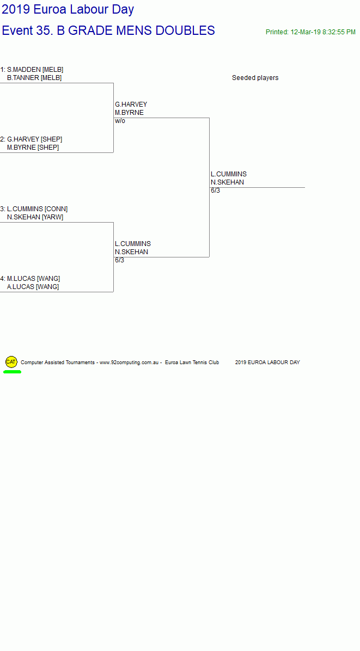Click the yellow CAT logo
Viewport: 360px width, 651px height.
11,361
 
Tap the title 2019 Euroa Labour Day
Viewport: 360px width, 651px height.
68,9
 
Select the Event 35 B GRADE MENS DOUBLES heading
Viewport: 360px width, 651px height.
108,30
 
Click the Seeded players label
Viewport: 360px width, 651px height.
255,78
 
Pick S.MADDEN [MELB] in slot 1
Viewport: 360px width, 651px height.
35,69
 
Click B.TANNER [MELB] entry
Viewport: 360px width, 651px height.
34,78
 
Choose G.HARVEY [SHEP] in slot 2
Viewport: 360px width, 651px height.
34,139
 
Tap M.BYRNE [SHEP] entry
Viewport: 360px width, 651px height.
33,148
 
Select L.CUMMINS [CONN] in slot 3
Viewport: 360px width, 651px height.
37,209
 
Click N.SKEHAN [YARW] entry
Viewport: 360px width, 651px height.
35,217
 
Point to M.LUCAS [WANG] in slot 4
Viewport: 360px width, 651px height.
33,279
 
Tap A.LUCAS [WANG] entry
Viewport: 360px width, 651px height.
33,287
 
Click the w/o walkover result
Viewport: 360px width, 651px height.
120,121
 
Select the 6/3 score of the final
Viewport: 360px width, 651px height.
215,191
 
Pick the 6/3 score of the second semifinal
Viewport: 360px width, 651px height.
120,260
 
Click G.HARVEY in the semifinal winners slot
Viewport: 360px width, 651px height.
131,104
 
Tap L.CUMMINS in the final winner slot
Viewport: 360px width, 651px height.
228,174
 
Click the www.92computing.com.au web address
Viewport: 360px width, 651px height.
129,363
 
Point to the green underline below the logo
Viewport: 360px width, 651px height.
12,372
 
